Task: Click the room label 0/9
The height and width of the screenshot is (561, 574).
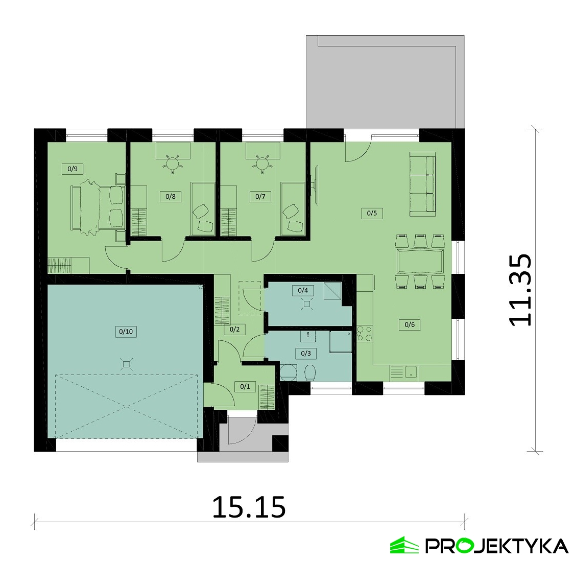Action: tap(73, 169)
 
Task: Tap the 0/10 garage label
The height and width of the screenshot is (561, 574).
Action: tap(126, 332)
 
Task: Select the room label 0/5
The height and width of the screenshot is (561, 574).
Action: tap(372, 213)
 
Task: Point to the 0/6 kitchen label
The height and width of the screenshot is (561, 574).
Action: tap(410, 324)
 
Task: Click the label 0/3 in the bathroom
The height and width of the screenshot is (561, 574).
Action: tap(306, 354)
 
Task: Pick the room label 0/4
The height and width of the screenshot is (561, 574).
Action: tap(303, 290)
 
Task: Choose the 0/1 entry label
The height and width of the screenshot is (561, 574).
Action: tap(245, 386)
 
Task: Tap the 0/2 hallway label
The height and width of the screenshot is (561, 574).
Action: tap(234, 329)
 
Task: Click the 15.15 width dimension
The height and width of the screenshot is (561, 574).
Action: tap(249, 507)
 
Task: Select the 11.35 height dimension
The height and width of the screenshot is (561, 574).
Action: tap(520, 290)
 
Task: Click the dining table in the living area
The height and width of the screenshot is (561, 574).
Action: tap(420, 261)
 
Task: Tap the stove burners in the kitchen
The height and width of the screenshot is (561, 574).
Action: tap(365, 333)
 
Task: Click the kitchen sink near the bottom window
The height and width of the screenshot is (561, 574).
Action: tap(411, 371)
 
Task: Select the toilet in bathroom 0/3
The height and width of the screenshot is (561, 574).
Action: tap(309, 373)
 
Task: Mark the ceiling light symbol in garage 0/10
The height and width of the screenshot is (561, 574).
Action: tap(126, 364)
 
